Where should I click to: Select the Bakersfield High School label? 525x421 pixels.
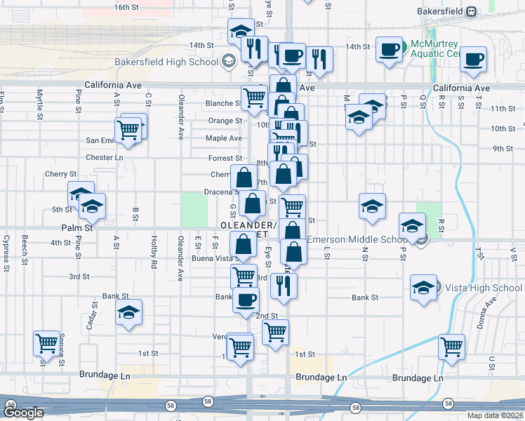point(166,62)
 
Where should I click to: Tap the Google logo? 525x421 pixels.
point(23,413)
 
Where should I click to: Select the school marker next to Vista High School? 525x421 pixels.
point(423,288)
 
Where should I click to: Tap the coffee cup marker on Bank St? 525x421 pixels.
point(246,300)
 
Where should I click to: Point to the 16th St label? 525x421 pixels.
point(126,7)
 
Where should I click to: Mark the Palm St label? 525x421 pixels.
point(79,228)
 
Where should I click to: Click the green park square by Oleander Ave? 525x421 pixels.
point(194,210)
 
